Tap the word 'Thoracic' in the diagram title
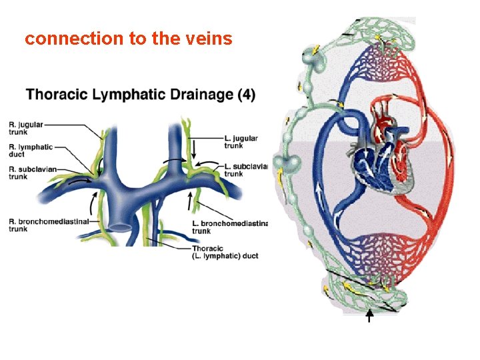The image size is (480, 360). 56,95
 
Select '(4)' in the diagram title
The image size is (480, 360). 245,95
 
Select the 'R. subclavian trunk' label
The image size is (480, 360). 27,173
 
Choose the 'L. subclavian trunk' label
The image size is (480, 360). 246,170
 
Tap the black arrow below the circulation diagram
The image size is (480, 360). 369,315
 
